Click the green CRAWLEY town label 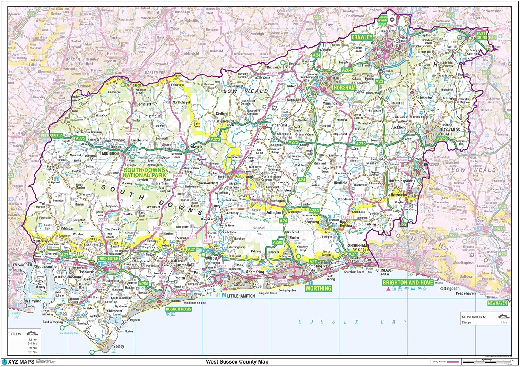click(x=362, y=37)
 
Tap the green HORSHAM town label click(x=344, y=88)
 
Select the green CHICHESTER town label click(x=108, y=259)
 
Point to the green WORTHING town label click(x=318, y=288)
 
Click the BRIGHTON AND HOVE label click(x=408, y=283)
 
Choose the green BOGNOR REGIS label click(x=178, y=309)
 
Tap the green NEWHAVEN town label click(x=497, y=303)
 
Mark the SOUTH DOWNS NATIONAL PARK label click(x=144, y=173)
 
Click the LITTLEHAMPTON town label click(x=241, y=296)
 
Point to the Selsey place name click(x=119, y=346)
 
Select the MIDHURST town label click(x=111, y=153)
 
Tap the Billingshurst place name click(x=277, y=125)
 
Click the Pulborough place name click(x=244, y=176)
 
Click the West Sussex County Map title click(x=237, y=362)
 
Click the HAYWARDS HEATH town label click(x=451, y=132)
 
